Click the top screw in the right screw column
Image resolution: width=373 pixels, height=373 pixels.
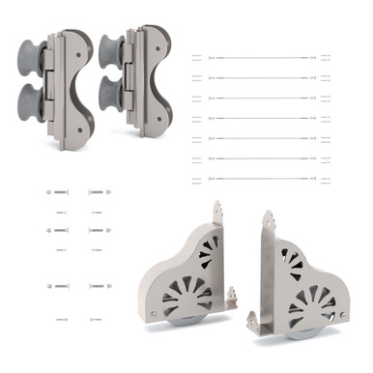tap(99, 192)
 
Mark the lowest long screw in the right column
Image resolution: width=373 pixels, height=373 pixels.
tap(99, 287)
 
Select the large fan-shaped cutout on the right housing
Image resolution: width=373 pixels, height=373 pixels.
tap(310, 300)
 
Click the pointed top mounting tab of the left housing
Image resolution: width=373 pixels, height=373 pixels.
tap(218, 211)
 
